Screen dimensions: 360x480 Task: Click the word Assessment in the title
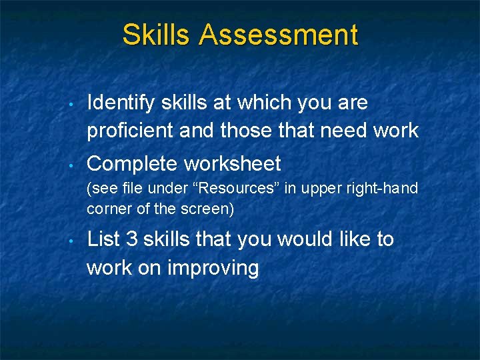[278, 35]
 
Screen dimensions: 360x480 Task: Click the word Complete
[133, 163]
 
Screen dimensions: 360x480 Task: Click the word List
[102, 239]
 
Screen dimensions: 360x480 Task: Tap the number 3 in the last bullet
[131, 239]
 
